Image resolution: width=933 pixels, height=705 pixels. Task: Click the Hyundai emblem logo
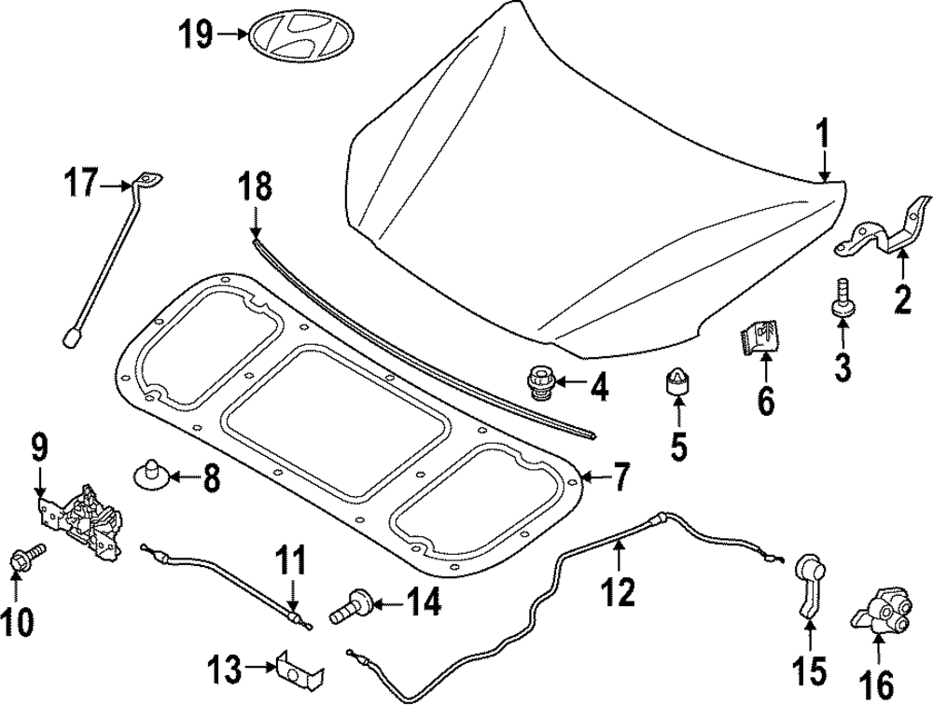pyautogui.click(x=294, y=35)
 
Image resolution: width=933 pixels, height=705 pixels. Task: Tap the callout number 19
pyautogui.click(x=197, y=35)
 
